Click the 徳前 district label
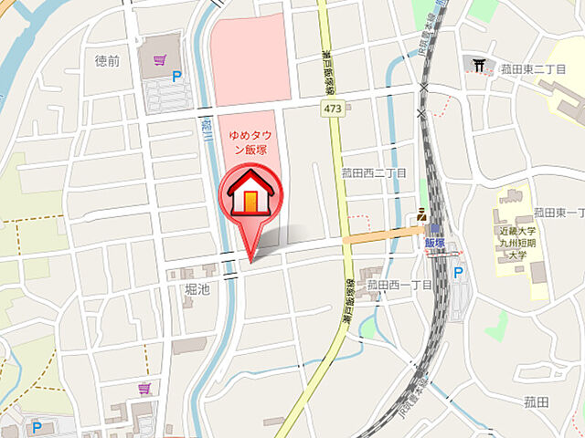107,60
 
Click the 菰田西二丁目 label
374,172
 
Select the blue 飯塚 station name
434,244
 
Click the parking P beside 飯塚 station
458,273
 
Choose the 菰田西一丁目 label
399,285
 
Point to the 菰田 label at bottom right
536,401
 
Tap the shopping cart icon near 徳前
160,59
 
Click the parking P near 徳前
177,78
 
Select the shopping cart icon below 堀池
144,388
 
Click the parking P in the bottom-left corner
37,426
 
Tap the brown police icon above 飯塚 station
421,214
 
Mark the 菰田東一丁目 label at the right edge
559,212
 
